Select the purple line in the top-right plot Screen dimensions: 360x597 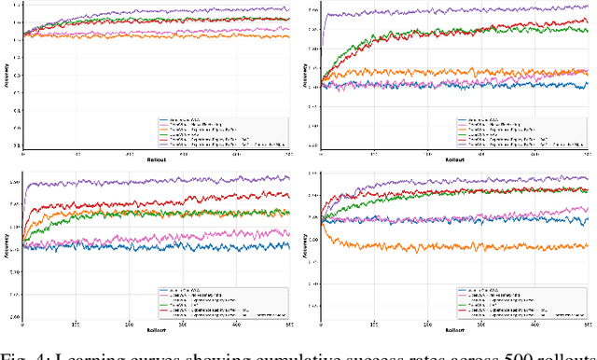420,11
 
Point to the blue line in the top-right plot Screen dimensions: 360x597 420,85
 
